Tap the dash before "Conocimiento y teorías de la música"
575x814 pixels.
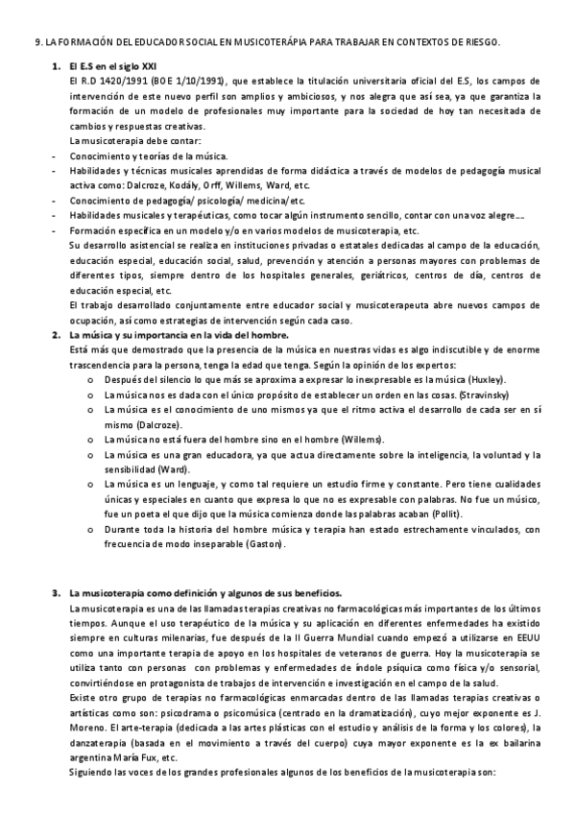[x=56, y=156]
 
